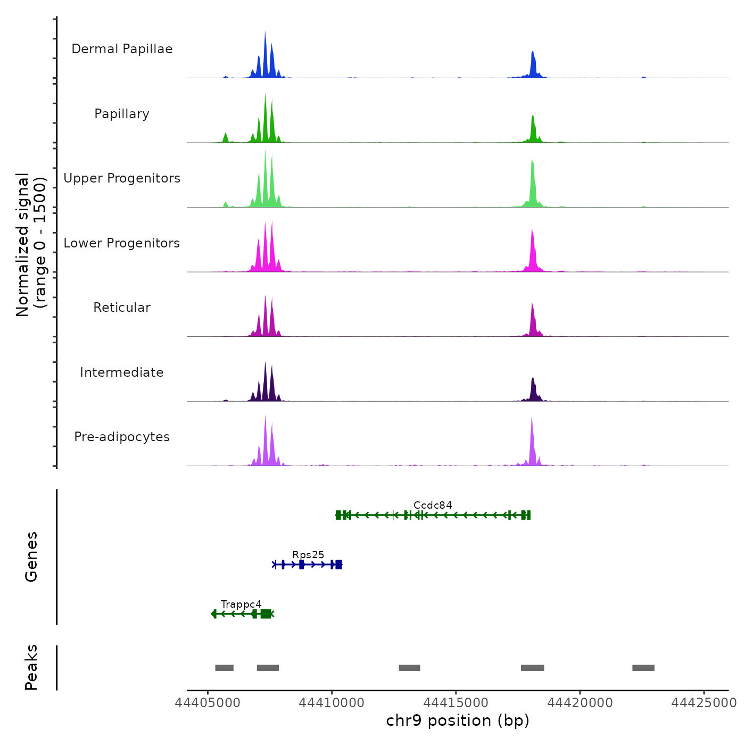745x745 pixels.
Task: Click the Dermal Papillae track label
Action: (x=122, y=49)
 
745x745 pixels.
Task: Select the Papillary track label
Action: (x=122, y=114)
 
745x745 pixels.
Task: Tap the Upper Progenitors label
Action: (x=122, y=178)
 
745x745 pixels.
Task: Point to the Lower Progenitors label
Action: (x=122, y=243)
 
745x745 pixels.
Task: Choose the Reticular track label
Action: (x=122, y=308)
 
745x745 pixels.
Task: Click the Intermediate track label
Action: (x=122, y=372)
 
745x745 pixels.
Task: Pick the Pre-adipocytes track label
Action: (x=122, y=437)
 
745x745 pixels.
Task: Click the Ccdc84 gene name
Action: (x=433, y=505)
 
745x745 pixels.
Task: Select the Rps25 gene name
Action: (x=308, y=554)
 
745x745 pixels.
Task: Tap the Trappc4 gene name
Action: (x=241, y=604)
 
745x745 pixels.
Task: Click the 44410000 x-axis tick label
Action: (x=332, y=702)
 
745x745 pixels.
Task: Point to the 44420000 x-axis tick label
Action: (x=580, y=702)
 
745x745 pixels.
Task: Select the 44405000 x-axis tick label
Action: (x=208, y=702)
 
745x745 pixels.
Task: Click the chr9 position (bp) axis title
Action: (x=458, y=721)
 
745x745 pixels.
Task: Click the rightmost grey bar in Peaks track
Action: (x=643, y=668)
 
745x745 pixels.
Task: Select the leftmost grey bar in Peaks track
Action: (x=224, y=668)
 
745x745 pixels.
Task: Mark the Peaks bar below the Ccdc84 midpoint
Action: (x=409, y=668)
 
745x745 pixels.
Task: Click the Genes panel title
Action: (x=31, y=557)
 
